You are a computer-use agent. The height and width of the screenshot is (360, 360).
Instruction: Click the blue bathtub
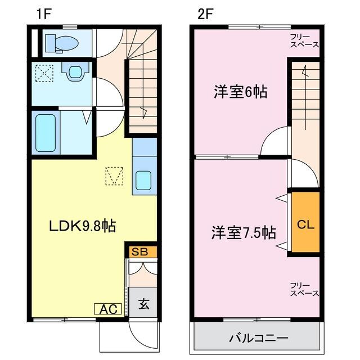[44, 132]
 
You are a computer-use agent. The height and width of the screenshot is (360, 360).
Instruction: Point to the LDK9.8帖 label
[82, 226]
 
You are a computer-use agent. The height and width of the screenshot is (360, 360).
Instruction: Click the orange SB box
[139, 252]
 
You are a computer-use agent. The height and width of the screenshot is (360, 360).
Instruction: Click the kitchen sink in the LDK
[143, 181]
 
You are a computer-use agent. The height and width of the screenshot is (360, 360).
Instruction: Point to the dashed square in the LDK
[114, 176]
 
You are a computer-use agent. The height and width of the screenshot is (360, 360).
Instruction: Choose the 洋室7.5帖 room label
[243, 231]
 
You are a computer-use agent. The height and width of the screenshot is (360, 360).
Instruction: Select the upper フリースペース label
[304, 40]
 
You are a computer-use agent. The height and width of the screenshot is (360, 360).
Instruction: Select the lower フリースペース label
[304, 289]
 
